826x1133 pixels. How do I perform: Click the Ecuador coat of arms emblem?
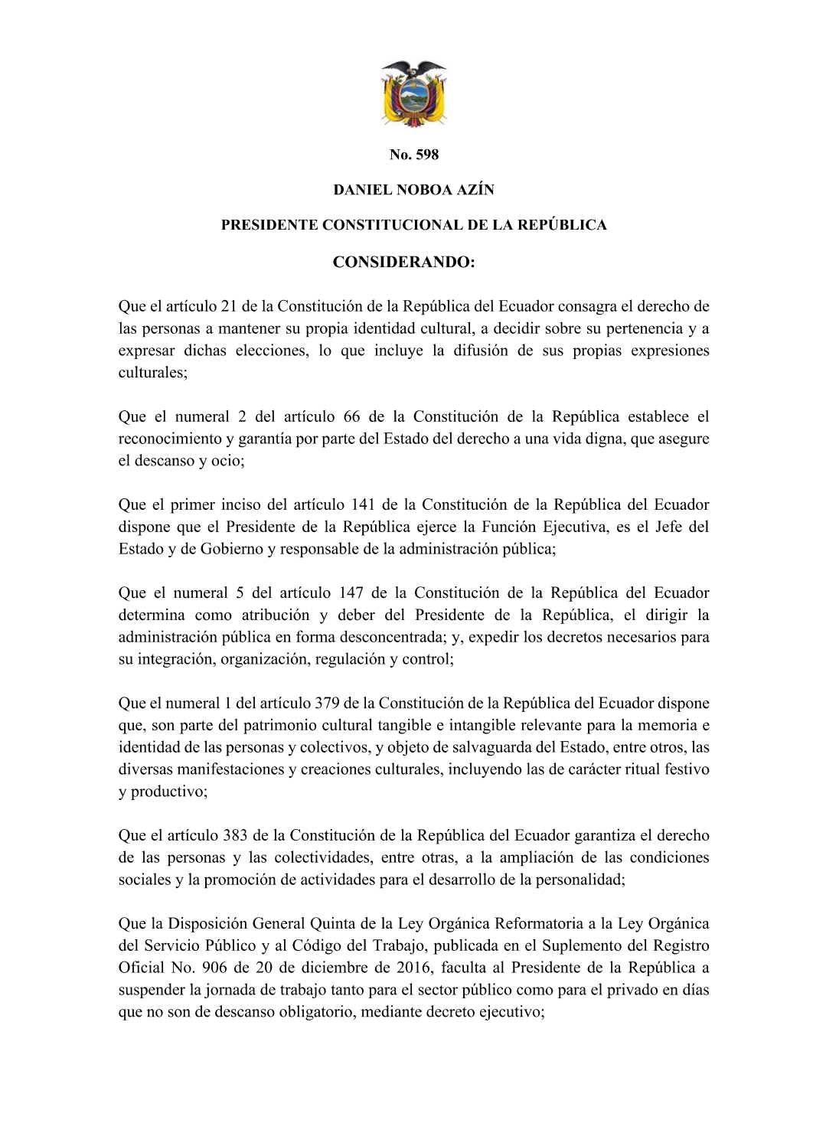[413, 93]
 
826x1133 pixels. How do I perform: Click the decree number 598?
[426, 155]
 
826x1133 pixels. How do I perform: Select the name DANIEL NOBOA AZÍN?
[413, 190]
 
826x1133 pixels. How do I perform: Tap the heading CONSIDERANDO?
[404, 263]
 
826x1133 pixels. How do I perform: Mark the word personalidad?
[578, 880]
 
